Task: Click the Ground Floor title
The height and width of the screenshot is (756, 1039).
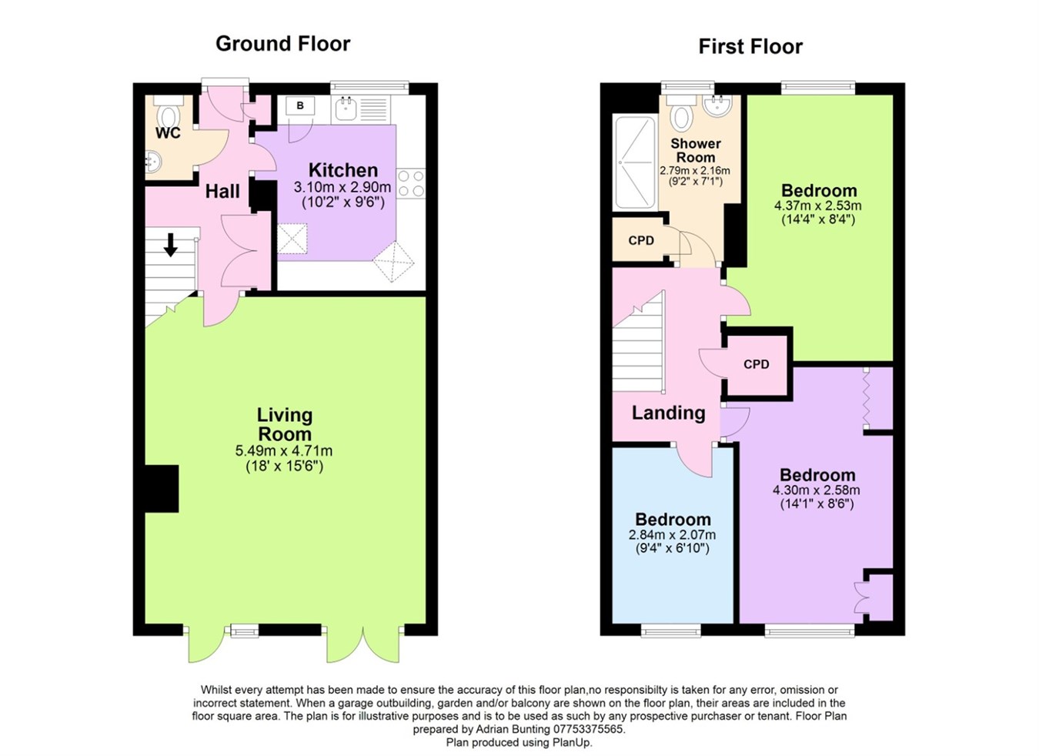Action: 282,44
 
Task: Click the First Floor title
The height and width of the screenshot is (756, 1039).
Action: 750,47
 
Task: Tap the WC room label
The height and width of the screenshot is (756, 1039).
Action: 168,133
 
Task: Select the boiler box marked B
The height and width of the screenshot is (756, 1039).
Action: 300,106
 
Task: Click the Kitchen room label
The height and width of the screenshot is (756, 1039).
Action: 342,170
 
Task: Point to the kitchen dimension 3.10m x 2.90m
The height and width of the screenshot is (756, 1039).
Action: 342,187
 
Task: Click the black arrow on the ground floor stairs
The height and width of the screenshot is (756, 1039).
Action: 171,245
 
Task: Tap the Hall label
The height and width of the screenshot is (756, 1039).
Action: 222,191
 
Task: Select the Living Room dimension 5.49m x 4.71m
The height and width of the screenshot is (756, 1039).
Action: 284,451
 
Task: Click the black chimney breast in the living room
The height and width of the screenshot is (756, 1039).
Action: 162,488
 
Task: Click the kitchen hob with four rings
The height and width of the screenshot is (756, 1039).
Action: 411,183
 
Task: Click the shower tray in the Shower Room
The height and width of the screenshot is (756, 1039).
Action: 634,162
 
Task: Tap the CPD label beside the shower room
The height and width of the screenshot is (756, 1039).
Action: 640,240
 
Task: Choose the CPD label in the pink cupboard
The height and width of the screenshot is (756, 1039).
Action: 756,364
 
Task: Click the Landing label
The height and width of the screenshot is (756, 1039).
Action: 668,413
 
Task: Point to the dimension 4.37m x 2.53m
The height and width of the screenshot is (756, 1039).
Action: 817,206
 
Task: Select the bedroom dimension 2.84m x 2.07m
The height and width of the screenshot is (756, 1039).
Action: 672,535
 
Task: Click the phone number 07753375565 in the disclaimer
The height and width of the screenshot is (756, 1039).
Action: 588,729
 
